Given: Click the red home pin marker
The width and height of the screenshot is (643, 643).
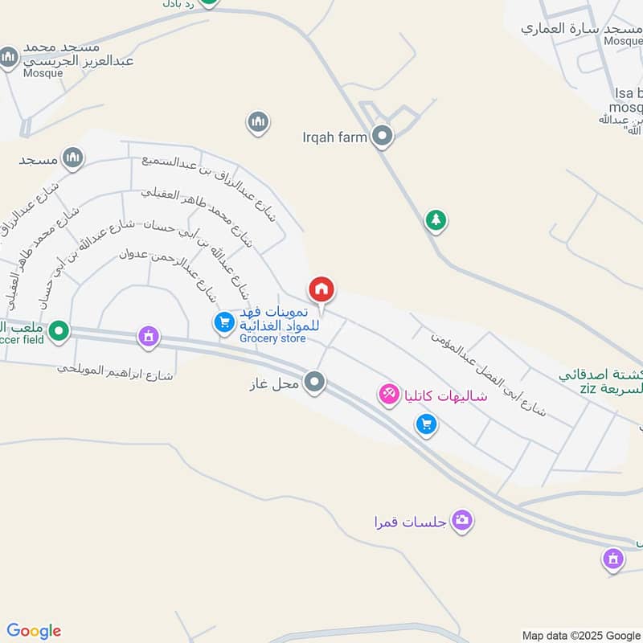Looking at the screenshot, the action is tap(321, 289).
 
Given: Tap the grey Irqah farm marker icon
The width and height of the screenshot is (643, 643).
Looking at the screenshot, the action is tap(383, 137).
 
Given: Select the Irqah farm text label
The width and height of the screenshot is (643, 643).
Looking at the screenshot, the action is tap(334, 137).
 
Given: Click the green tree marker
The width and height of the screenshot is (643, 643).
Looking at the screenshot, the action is tap(436, 219).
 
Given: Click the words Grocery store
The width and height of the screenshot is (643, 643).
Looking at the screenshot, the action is tap(272, 339).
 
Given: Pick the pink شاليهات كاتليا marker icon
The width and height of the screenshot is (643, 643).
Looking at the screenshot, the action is tap(389, 394).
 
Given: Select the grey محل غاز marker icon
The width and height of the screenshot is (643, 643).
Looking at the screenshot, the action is tap(315, 383).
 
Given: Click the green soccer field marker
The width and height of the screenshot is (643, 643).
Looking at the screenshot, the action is tap(59, 330).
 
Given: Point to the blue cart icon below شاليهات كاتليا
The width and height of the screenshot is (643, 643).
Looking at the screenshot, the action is tap(428, 424).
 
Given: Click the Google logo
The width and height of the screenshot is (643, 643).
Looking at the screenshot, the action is tap(34, 631).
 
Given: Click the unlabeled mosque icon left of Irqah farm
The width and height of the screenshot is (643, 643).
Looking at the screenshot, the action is tap(257, 122).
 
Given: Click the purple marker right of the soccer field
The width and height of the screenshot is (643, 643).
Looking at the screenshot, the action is tap(148, 336).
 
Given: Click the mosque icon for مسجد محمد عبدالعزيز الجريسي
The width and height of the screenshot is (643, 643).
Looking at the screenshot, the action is tap(9, 57).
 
